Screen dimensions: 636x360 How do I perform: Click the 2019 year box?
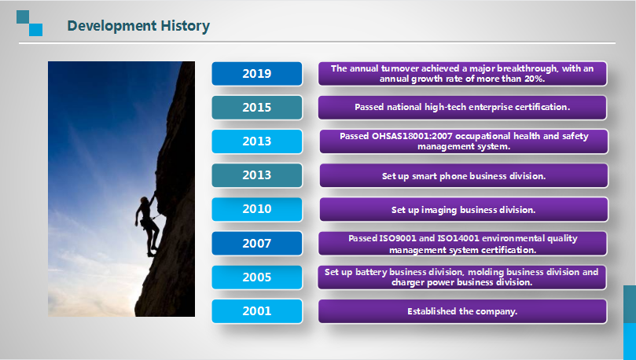tap(257, 73)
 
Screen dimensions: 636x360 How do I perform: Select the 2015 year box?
tap(257, 108)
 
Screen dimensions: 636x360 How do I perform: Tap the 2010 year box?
tap(257, 209)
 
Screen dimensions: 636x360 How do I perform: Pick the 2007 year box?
tap(257, 243)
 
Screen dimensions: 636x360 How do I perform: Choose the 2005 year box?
tap(257, 277)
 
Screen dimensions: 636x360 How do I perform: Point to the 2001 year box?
tap(257, 311)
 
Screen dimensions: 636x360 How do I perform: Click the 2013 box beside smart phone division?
tap(257, 175)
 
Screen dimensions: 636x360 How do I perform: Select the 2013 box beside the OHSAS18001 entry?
tap(257, 141)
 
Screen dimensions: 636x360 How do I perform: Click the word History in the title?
tap(185, 26)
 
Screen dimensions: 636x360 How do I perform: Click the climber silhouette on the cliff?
tap(148, 225)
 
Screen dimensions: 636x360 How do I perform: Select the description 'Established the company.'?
tap(462, 311)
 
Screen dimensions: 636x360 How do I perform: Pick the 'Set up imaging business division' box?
tap(464, 209)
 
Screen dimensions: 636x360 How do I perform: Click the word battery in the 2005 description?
tap(371, 272)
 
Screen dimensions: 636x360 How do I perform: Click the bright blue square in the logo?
tap(35, 30)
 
